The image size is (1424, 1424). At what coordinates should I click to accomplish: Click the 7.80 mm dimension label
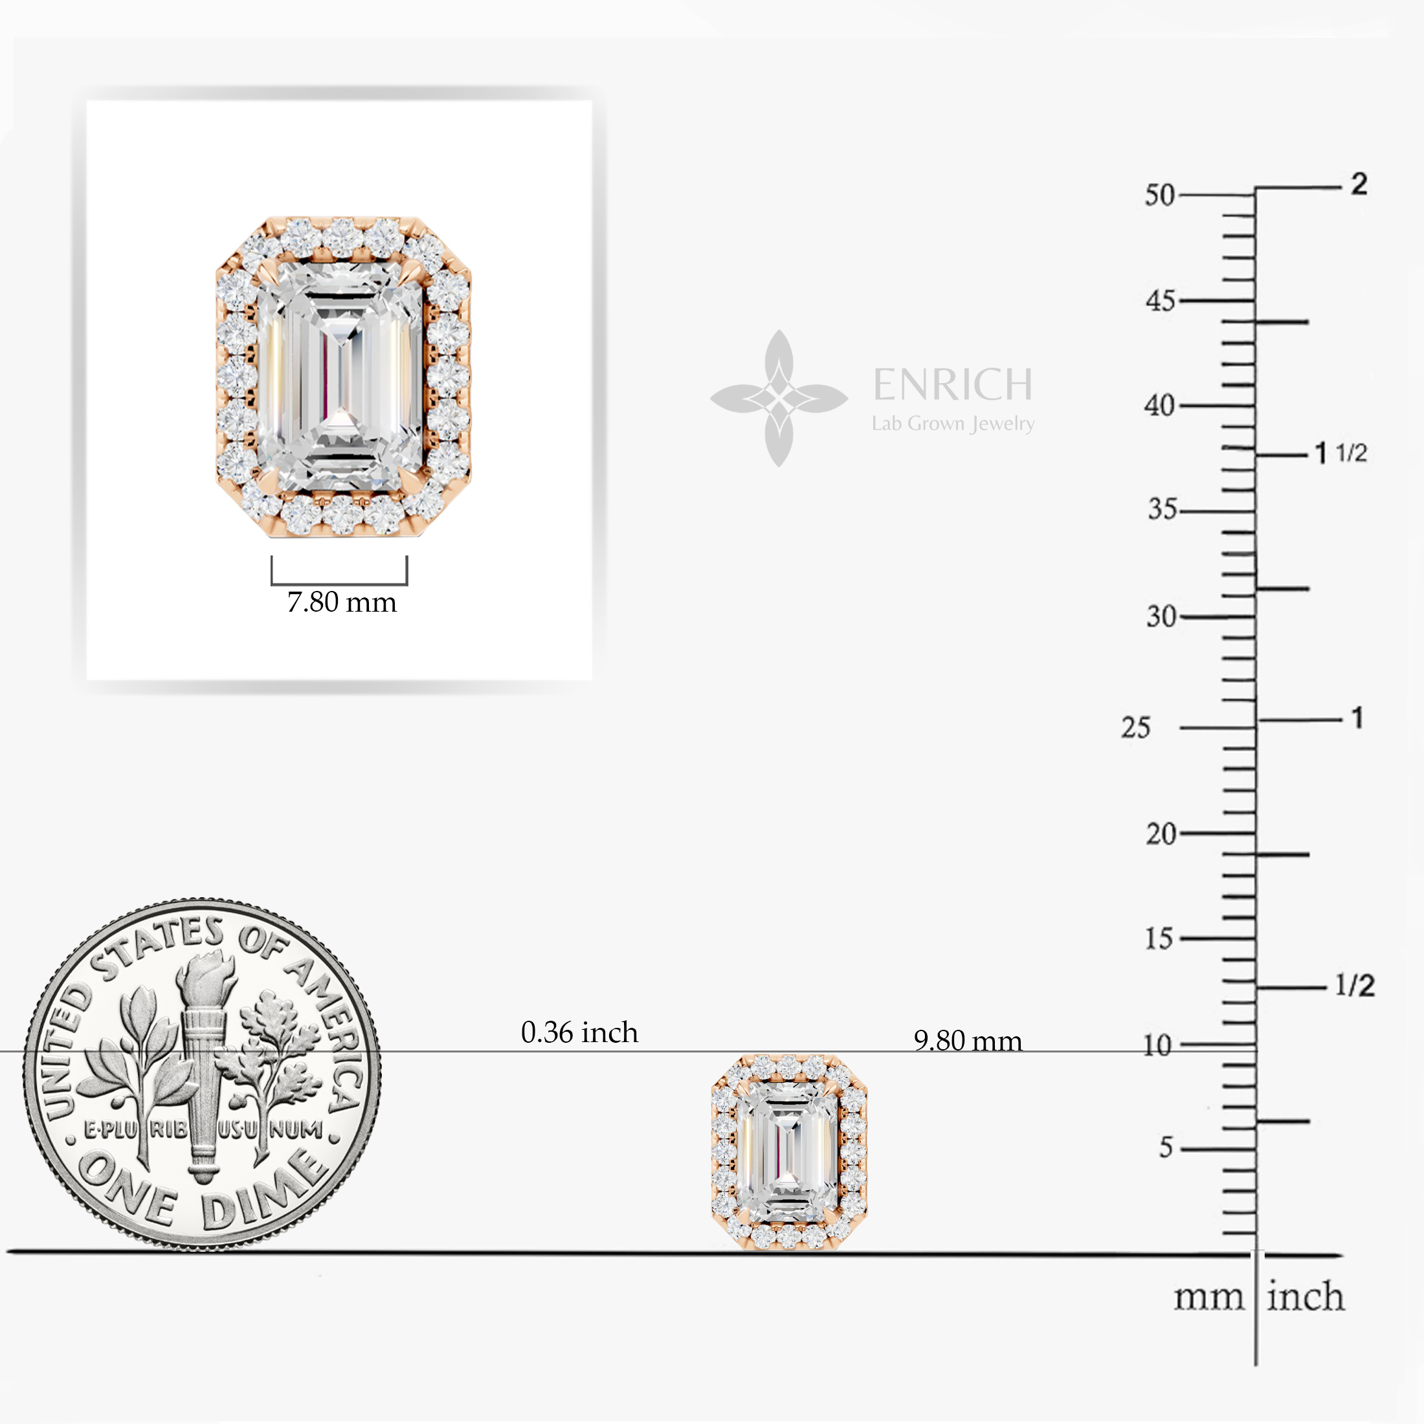tap(342, 602)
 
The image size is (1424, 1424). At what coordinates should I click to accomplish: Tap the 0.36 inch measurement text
tap(579, 1032)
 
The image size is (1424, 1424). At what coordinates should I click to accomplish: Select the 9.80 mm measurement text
tap(968, 1040)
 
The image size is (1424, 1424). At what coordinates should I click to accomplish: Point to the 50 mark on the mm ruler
tap(1159, 195)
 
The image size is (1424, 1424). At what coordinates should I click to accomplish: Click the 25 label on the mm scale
tap(1136, 728)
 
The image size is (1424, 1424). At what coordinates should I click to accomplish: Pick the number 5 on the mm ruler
tap(1166, 1147)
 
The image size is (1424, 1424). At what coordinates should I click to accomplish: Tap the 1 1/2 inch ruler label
tap(1341, 452)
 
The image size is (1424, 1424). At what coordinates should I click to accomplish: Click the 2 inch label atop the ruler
tap(1359, 184)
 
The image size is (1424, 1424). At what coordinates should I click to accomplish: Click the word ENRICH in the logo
tap(953, 384)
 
